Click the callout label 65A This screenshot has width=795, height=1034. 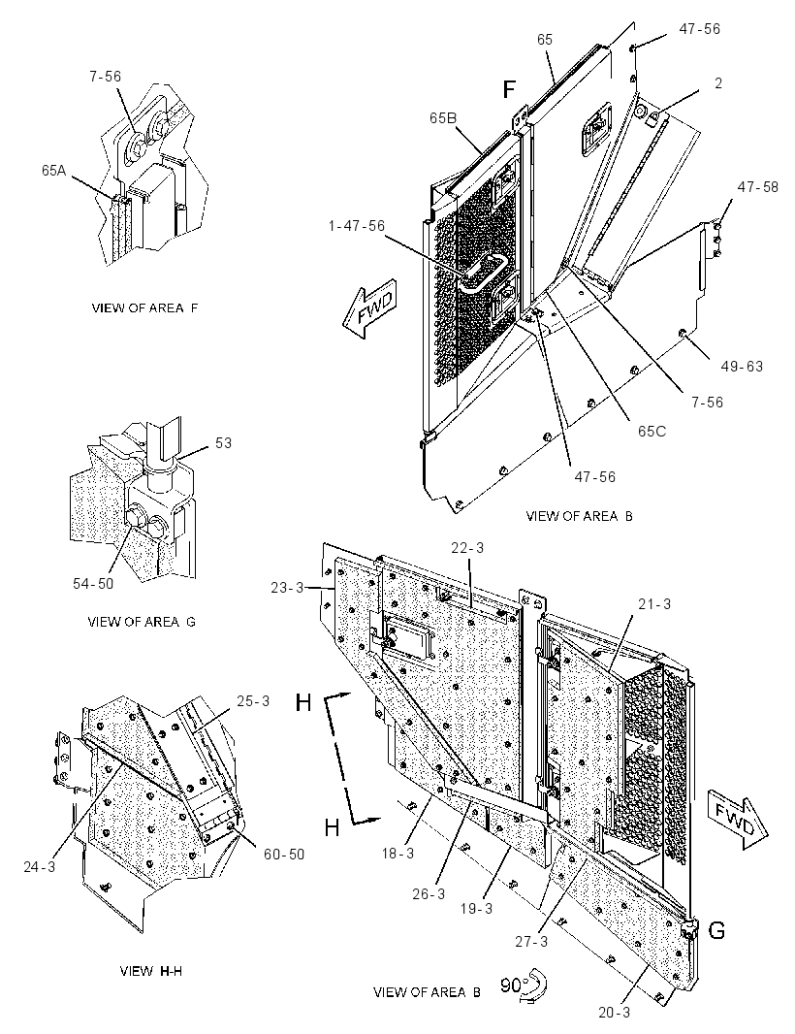click(54, 170)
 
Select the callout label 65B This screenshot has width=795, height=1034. click(444, 118)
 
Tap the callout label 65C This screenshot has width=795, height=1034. click(652, 431)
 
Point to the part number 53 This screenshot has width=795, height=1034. click(223, 441)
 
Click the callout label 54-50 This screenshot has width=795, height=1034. click(93, 584)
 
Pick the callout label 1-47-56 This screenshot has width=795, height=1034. click(356, 226)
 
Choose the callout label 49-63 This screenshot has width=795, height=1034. click(742, 366)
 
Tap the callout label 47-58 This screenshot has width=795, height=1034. click(757, 186)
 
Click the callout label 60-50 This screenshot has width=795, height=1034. click(284, 854)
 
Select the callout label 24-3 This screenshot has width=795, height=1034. click(40, 866)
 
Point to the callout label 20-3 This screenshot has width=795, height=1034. click(614, 1012)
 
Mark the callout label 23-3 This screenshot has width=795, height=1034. click(287, 586)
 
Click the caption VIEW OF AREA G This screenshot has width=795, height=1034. click(142, 621)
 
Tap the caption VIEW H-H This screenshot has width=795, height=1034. click(151, 971)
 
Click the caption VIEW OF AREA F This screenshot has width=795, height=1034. click(144, 307)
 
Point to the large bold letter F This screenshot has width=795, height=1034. click(509, 88)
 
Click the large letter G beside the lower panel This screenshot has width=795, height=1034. click(716, 930)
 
